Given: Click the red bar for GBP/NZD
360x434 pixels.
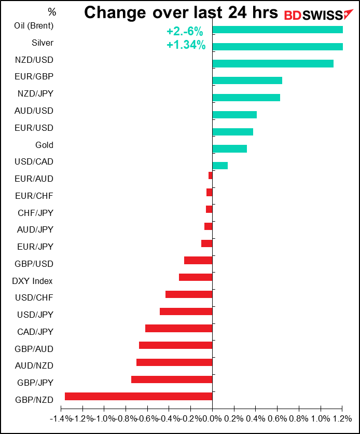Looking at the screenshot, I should click(139, 397).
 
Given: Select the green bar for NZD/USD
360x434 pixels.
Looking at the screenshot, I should click(273, 63).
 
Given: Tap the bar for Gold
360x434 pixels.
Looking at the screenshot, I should click(230, 148).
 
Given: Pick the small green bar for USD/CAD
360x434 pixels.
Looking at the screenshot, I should click(220, 166).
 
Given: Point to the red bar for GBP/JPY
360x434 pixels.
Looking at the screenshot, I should click(172, 379).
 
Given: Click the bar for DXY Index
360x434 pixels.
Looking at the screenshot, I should click(196, 277).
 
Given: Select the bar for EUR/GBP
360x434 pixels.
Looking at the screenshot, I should click(247, 80).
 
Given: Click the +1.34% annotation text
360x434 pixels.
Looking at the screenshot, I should click(186, 45).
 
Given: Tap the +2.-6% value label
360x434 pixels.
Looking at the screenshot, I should click(185, 32).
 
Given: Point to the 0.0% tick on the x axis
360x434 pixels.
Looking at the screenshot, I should click(212, 418).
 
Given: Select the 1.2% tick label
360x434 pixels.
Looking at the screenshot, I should click(342, 418).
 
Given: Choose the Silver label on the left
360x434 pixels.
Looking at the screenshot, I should click(42, 43).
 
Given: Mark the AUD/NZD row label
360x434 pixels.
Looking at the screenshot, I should click(35, 365).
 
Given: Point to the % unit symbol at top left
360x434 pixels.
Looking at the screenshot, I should click(52, 11).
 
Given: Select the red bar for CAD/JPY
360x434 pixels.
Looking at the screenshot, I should click(179, 328).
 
